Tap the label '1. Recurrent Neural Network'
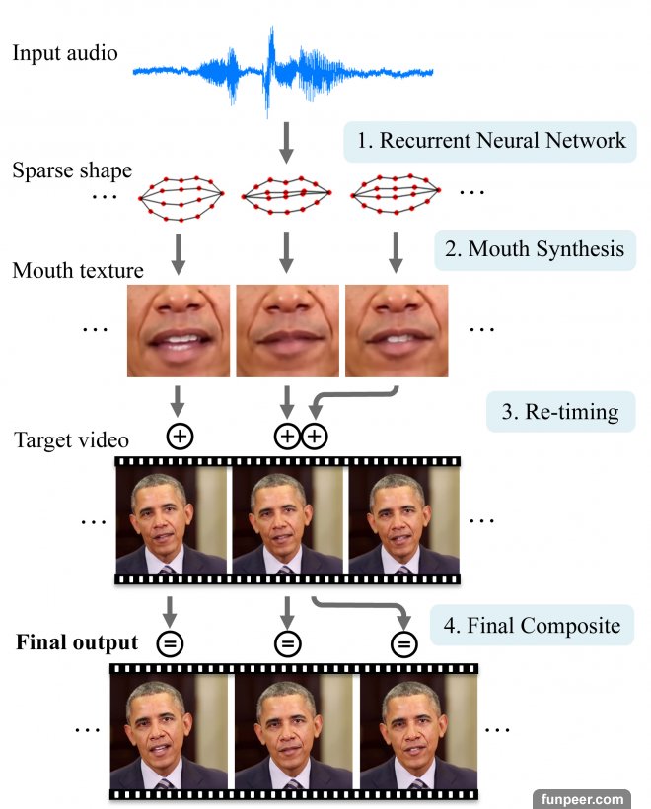490,141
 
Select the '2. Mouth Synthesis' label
534,249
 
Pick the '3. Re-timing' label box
560,411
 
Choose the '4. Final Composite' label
531,624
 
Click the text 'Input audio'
65,52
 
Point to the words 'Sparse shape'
72,170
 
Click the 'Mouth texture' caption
78,270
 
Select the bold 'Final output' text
77,643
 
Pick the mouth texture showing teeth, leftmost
179,331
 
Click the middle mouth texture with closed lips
286,331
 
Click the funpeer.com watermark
583,798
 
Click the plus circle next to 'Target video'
180,437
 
